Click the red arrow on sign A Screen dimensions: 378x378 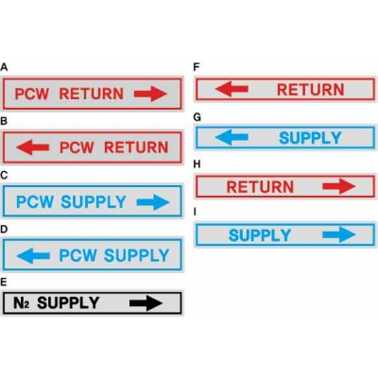(150, 94)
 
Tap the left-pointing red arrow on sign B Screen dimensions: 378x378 (33, 147)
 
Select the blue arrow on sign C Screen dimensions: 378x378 (153, 202)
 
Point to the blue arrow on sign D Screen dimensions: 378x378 (33, 255)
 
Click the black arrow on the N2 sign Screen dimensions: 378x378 (146, 303)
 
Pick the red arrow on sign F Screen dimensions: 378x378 (232, 89)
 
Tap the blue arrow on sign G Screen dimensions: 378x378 (232, 137)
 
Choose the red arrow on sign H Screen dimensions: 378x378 (339, 186)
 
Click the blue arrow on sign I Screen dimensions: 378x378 (339, 234)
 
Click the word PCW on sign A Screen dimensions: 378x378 (32, 94)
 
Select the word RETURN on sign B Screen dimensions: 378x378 (136, 147)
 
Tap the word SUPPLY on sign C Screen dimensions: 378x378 (94, 202)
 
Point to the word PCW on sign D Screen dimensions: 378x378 (77, 255)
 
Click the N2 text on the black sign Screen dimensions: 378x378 (22, 303)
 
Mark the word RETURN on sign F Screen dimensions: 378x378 (310, 90)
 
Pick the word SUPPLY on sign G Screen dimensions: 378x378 (310, 138)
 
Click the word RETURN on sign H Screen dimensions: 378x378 (260, 186)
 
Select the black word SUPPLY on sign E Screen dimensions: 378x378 (68, 302)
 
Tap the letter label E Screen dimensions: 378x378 (4, 282)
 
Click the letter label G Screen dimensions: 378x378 (197, 117)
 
